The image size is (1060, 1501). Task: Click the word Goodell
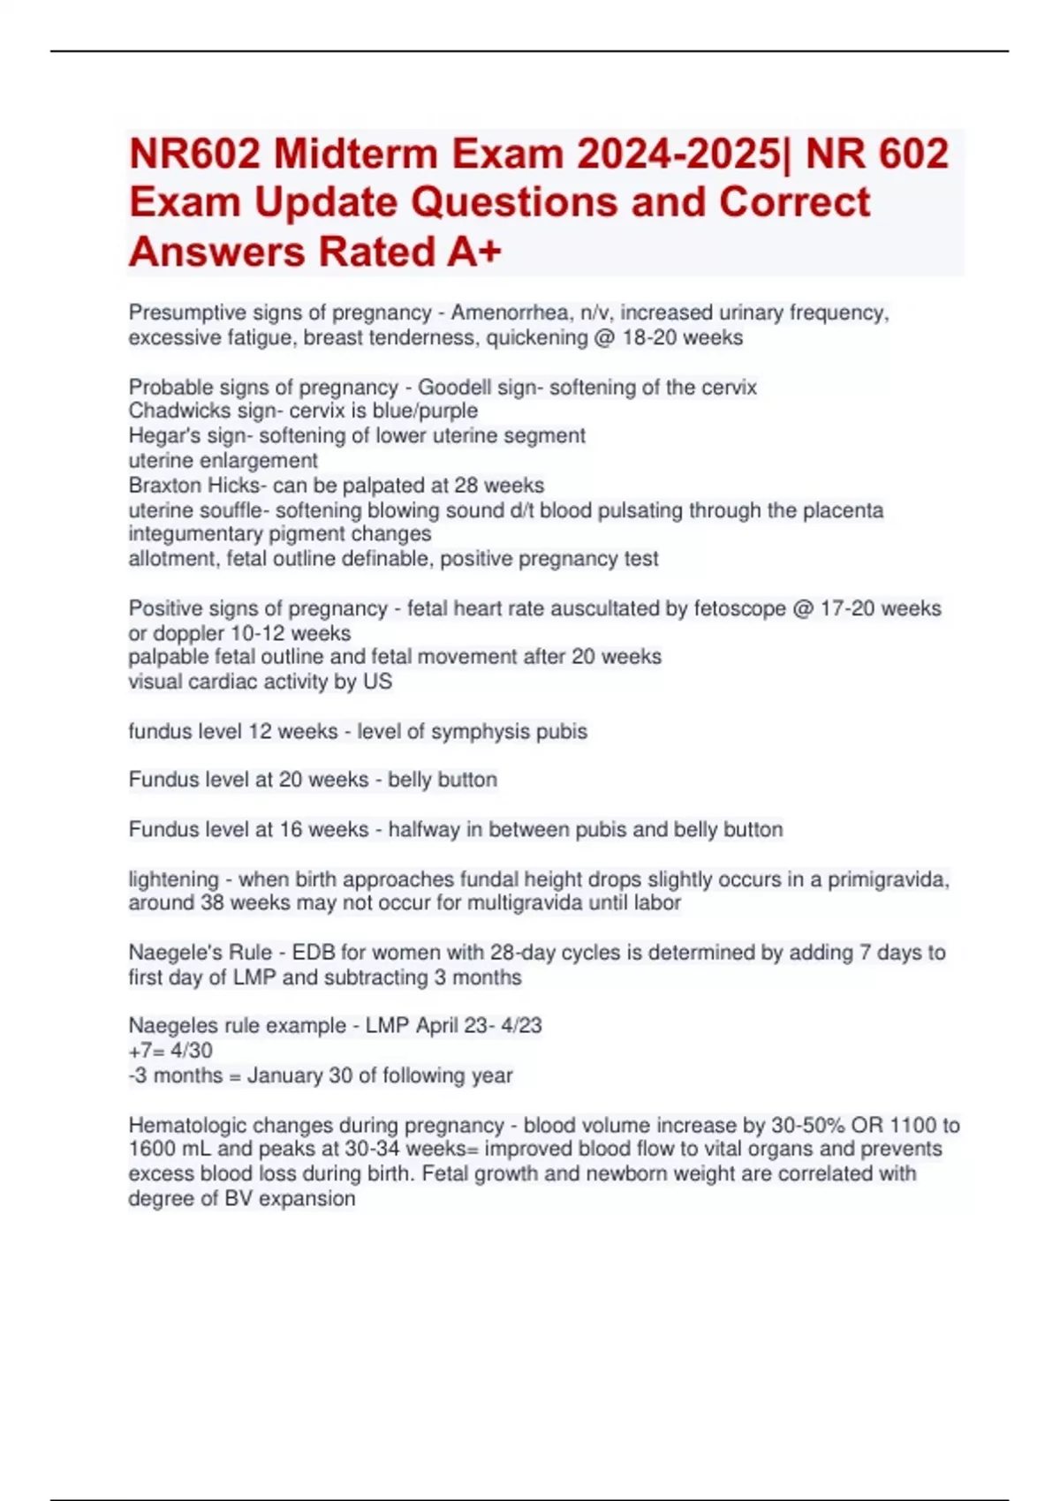(x=452, y=388)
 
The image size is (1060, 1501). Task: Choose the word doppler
(x=188, y=633)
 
